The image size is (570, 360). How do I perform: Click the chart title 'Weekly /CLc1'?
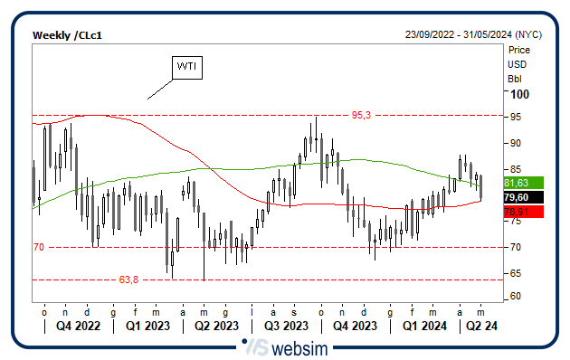[68, 34]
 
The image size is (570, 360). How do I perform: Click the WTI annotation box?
[187, 67]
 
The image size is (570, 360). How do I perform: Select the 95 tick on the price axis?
[515, 117]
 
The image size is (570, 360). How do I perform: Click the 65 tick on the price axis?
[515, 272]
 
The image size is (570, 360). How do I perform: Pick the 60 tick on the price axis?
[515, 297]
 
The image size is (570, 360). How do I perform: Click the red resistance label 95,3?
[362, 116]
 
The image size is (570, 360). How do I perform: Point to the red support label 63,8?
[128, 279]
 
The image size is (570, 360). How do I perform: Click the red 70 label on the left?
[39, 247]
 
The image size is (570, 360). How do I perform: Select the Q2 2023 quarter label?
[215, 326]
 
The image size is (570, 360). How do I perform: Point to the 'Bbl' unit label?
[515, 78]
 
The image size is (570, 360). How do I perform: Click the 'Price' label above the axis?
[519, 51]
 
